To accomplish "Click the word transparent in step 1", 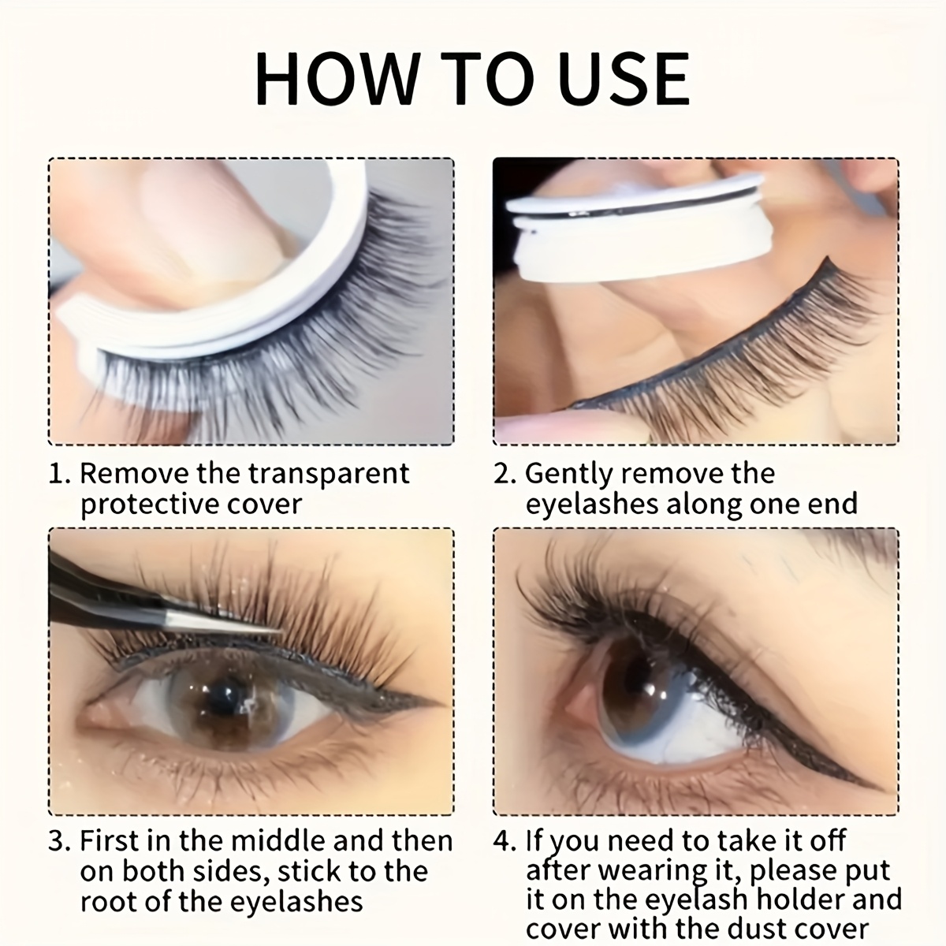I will click(x=329, y=474).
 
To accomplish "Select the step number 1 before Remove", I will click(x=58, y=475).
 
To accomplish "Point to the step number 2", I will click(x=503, y=475).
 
